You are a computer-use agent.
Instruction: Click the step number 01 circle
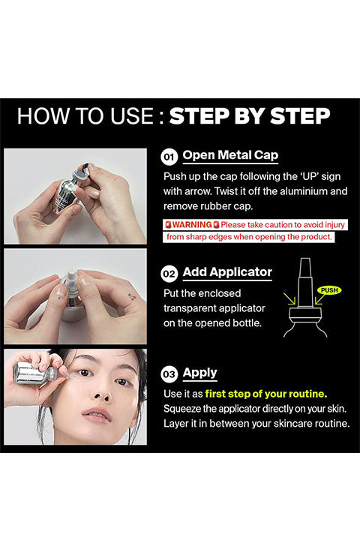169,157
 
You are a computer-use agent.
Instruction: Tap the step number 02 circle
169,274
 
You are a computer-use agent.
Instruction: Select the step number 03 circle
169,373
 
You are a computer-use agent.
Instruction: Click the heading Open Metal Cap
230,155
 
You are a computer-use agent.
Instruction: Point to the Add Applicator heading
227,272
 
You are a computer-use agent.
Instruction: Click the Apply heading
200,373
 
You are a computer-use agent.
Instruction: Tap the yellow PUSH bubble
329,290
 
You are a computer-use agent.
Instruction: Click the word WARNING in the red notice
192,224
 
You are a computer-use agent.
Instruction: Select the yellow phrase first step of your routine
266,394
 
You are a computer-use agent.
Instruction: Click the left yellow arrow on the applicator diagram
290,299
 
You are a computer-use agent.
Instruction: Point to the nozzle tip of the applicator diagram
305,259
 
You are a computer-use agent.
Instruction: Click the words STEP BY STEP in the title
250,115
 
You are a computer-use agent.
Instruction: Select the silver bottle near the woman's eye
30,373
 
